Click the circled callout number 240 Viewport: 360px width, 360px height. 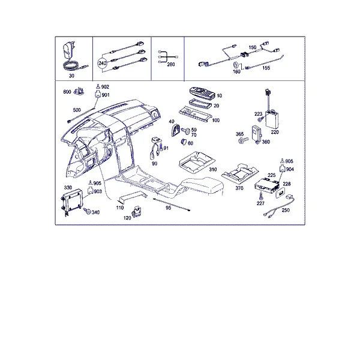pos(103,63)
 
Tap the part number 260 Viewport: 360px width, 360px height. pos(171,65)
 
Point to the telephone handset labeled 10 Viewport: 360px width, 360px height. pos(202,93)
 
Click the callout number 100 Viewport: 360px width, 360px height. pos(215,121)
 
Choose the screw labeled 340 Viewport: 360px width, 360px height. pos(87,211)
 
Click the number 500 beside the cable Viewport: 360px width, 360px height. pos(77,110)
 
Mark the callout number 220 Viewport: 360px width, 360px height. pos(275,132)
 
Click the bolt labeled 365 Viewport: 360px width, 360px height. pos(243,140)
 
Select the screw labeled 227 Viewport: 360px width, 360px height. pos(261,196)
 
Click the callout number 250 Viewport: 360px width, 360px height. pos(286,210)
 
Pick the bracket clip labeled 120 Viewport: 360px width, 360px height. pos(136,212)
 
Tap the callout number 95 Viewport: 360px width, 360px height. pos(168,208)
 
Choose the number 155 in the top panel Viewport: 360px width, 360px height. pos(266,68)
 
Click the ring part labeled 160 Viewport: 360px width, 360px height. pos(236,65)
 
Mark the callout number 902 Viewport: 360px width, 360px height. pos(105,87)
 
